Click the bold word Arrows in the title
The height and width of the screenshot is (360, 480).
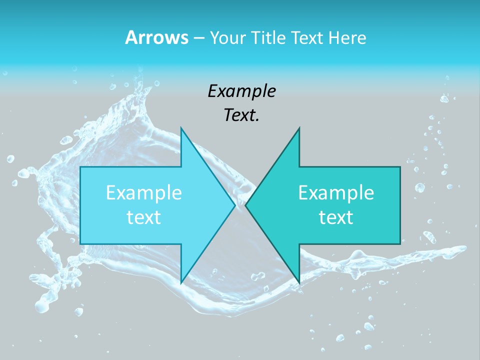pos(156,38)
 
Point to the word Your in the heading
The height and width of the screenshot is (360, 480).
pos(227,38)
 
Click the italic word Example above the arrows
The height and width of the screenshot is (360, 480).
pos(241,91)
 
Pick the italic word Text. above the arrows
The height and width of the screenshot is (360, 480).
pos(241,115)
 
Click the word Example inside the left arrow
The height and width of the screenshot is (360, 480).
pos(144,192)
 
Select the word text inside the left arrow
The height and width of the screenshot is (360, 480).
pos(144,217)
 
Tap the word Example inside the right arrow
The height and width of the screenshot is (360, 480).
pos(336,192)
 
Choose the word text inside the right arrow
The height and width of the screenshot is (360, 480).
pos(336,217)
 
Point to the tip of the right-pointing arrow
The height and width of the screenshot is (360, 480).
pos(235,205)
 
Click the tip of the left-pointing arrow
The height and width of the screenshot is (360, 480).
pos(245,205)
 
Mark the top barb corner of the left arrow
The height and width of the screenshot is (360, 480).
pos(181,127)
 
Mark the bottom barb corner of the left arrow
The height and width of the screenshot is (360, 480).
pos(181,283)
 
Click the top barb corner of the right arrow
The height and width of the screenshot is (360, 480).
pos(299,127)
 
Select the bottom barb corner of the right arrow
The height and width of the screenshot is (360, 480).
pos(299,283)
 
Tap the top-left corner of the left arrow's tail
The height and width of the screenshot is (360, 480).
pos(80,167)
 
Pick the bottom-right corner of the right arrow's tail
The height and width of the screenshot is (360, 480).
pos(400,244)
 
